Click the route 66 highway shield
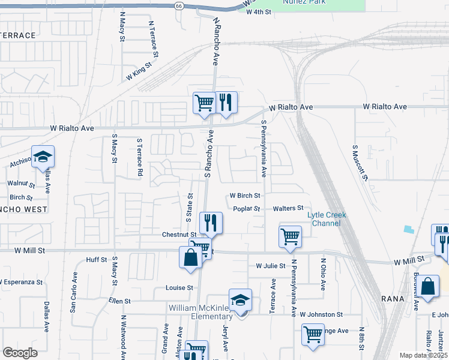tap(179, 5)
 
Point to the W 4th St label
tap(259, 12)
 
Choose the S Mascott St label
tap(359, 163)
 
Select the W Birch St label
tap(245, 196)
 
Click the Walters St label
tap(288, 208)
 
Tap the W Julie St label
tap(270, 265)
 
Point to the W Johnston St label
tap(321, 314)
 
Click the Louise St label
tap(179, 287)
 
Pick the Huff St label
tap(96, 260)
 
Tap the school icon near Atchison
tap(43, 157)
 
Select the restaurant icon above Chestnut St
tap(211, 223)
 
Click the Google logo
tap(20, 353)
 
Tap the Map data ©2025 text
tap(423, 355)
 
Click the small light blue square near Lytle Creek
tap(409, 229)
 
